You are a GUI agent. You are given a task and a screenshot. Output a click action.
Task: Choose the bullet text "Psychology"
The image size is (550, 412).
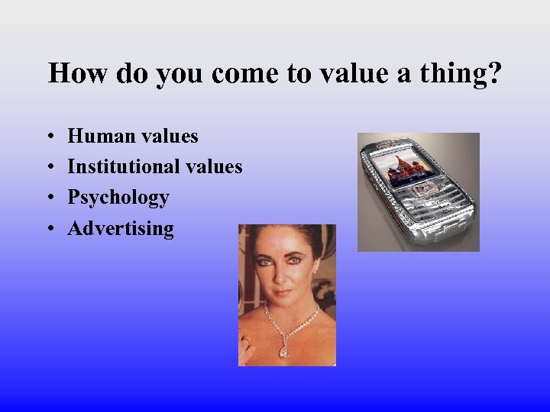click(x=118, y=198)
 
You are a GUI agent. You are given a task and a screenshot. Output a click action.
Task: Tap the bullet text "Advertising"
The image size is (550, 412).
click(x=121, y=229)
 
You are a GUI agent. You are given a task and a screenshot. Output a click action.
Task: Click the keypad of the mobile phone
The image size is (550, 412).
click(x=439, y=206)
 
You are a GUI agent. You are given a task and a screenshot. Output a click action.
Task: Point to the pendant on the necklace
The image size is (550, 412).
click(x=283, y=349)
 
